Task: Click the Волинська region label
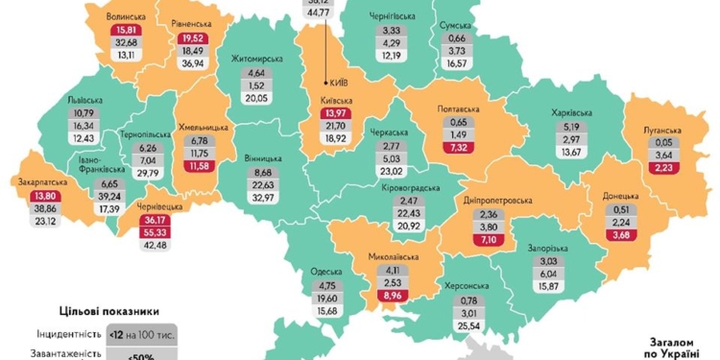click(x=127, y=16)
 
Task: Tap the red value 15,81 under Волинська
click(x=127, y=30)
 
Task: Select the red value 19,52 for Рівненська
click(x=194, y=37)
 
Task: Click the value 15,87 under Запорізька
click(x=550, y=285)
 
